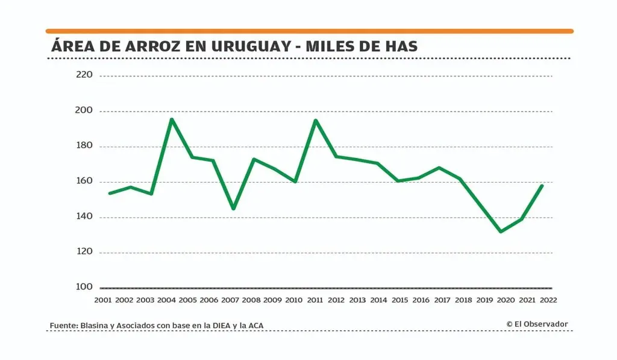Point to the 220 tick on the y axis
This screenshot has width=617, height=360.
tap(84, 75)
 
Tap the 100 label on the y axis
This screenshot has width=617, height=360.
tap(84, 287)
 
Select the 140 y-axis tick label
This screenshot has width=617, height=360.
tap(84, 217)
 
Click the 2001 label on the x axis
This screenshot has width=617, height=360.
tap(103, 300)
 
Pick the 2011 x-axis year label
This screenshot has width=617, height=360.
tap(315, 300)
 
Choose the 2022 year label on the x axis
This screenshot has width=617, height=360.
tap(548, 300)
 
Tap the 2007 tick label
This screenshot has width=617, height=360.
tap(230, 300)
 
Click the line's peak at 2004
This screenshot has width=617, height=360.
tap(172, 119)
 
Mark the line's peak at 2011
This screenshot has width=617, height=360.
tap(315, 120)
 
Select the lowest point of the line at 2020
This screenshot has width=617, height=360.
tap(501, 232)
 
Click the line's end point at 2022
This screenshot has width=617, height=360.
tap(542, 186)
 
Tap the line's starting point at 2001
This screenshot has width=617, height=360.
tap(110, 193)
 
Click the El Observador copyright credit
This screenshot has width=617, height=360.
tap(537, 324)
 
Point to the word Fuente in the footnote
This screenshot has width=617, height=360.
tap(63, 326)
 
